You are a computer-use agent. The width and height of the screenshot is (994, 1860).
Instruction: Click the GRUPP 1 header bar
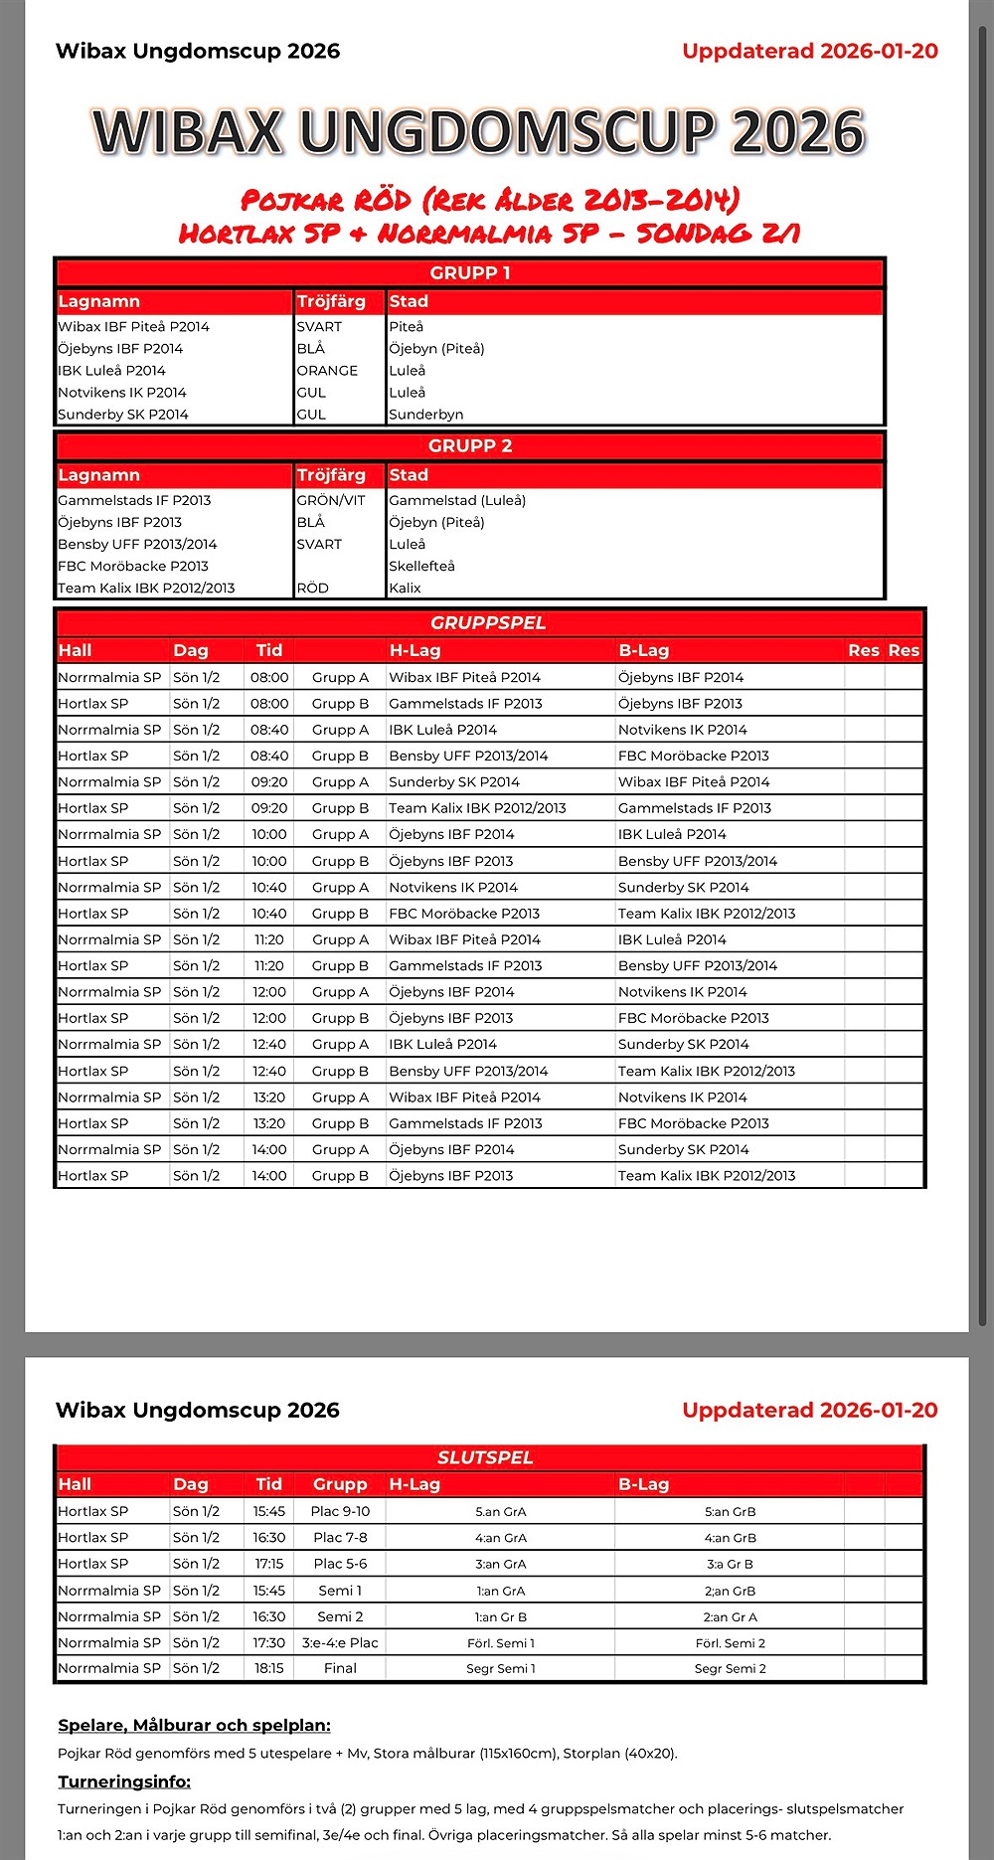pyautogui.click(x=469, y=273)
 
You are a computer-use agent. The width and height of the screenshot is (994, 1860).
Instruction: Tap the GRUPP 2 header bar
pyautogui.click(x=469, y=446)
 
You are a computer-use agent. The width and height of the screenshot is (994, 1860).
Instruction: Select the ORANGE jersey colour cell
pyautogui.click(x=327, y=371)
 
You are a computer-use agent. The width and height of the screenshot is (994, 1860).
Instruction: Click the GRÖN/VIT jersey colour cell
pyautogui.click(x=331, y=501)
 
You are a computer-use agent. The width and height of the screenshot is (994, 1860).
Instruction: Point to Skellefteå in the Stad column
pyautogui.click(x=421, y=567)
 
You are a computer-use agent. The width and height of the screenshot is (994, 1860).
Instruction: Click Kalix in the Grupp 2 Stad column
pyautogui.click(x=406, y=589)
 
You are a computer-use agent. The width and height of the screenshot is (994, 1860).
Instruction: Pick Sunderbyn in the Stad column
pyautogui.click(x=425, y=415)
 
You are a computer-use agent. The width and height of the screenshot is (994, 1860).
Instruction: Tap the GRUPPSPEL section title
pyautogui.click(x=488, y=623)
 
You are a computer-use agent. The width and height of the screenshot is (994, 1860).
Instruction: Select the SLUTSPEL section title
pyautogui.click(x=485, y=1457)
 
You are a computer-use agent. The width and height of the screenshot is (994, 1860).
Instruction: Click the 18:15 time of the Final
pyautogui.click(x=268, y=1668)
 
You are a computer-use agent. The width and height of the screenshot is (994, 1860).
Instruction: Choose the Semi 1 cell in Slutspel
pyautogui.click(x=340, y=1591)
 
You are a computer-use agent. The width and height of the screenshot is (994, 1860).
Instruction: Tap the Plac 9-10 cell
pyautogui.click(x=340, y=1512)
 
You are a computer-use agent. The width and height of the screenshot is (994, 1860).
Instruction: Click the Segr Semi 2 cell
pyautogui.click(x=730, y=1668)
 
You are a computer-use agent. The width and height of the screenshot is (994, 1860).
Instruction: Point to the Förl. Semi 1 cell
pyautogui.click(x=501, y=1643)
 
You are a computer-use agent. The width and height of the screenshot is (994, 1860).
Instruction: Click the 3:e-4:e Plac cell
pyautogui.click(x=340, y=1643)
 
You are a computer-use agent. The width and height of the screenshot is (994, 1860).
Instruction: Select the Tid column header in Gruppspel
pyautogui.click(x=268, y=651)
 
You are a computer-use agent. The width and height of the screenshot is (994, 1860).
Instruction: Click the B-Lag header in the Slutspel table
pyautogui.click(x=643, y=1484)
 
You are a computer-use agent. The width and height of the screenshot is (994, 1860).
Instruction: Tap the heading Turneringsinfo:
pyautogui.click(x=124, y=1781)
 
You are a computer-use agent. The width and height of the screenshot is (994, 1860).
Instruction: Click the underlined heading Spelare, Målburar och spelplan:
pyautogui.click(x=194, y=1726)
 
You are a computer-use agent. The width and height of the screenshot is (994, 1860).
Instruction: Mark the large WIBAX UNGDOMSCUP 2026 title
pyautogui.click(x=478, y=132)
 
